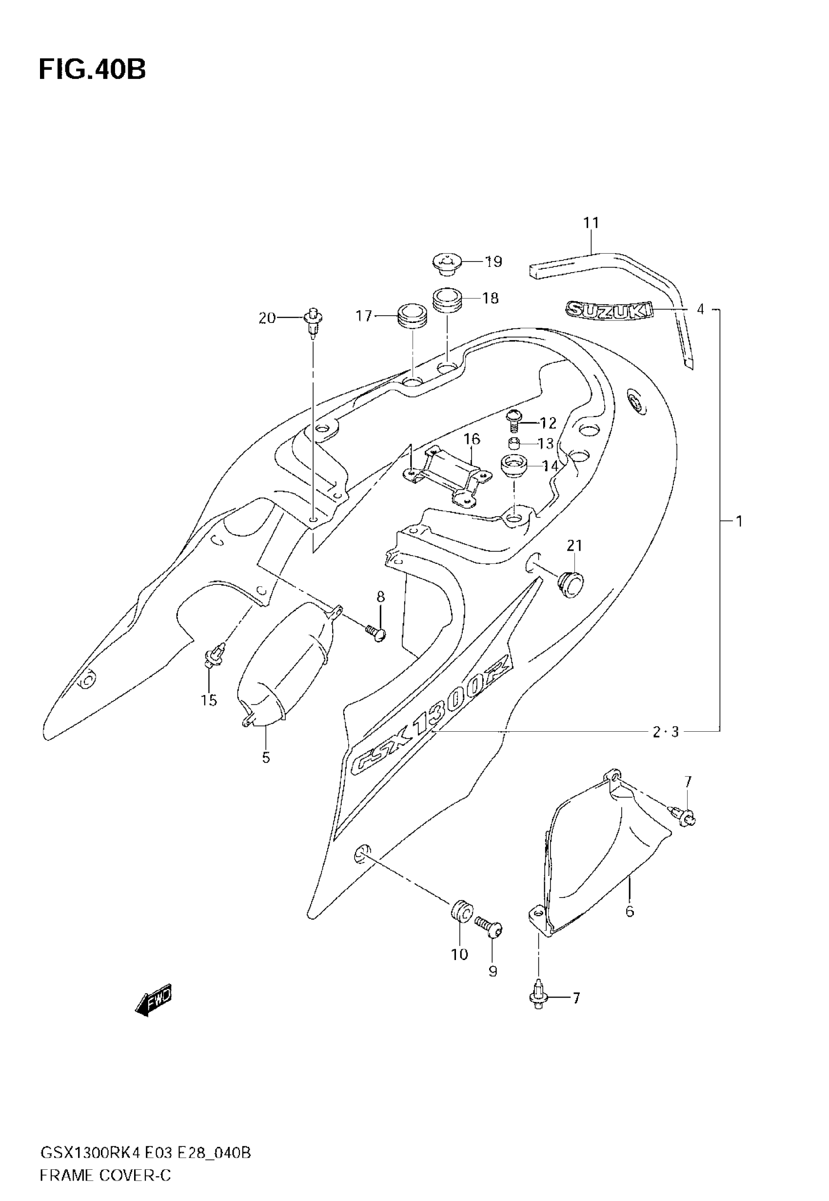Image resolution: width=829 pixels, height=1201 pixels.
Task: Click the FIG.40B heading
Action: coord(92,70)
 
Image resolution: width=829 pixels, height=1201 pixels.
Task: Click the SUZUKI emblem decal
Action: coord(609,310)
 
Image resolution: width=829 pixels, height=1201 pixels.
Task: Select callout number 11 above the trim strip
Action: coord(591,223)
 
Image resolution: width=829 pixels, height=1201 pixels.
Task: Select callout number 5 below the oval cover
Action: coord(266,758)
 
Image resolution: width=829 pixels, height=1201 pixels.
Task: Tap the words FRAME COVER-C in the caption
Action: coord(105,1175)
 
